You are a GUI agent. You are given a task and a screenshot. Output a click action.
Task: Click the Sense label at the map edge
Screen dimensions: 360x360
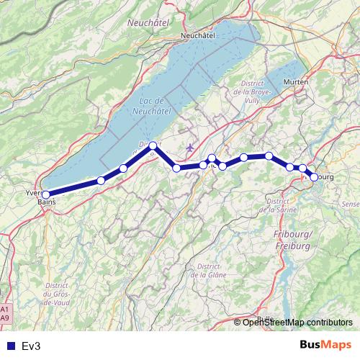[x=350, y=204]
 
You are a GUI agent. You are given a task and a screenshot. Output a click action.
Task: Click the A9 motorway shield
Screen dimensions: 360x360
[x=6, y=317]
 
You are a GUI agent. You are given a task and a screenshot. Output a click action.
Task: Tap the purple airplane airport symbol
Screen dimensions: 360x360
[x=189, y=148]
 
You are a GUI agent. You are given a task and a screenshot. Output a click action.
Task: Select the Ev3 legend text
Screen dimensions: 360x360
[x=31, y=346]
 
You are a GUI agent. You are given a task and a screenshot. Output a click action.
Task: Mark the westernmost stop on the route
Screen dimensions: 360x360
[x=45, y=194]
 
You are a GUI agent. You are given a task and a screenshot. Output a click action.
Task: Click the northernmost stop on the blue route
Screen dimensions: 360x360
[x=153, y=146]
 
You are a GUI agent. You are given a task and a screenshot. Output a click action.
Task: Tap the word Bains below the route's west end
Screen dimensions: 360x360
[x=46, y=202]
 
